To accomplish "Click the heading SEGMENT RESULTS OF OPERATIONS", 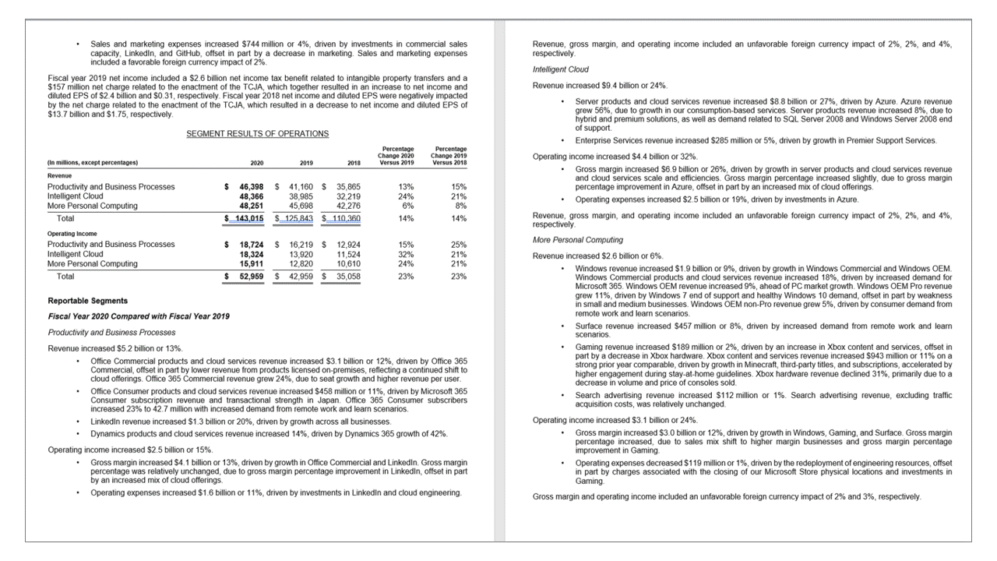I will tap(257, 134).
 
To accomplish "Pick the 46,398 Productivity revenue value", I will tap(252, 187).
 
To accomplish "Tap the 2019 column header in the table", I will tap(306, 163).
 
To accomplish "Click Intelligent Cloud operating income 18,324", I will tap(252, 254).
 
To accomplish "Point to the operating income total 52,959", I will tap(252, 276).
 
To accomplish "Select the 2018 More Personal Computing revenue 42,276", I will tap(354, 206).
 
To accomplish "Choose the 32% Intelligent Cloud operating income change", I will tap(406, 254).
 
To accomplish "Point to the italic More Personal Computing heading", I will tap(577, 240).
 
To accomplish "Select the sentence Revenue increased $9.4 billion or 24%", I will tap(600, 85).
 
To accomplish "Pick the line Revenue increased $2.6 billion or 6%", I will tap(597, 256).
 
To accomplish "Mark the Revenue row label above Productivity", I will tap(60, 176).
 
